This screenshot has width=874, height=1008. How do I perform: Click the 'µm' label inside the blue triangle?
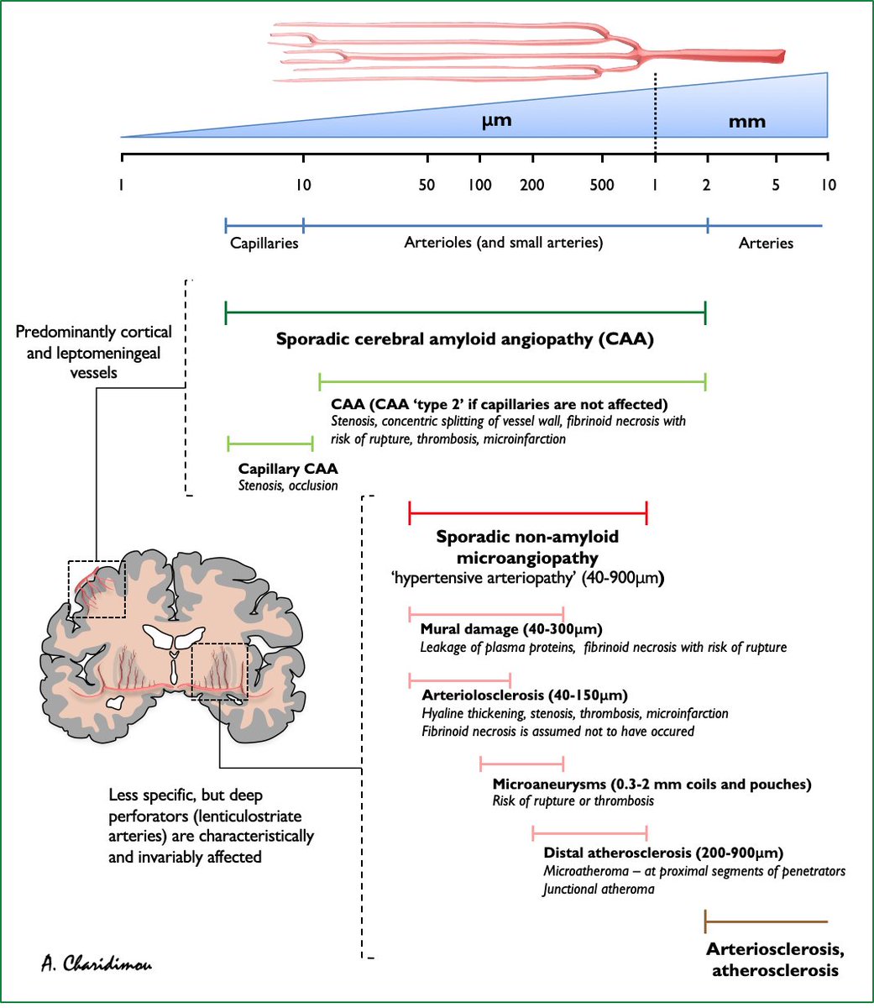pos(496,120)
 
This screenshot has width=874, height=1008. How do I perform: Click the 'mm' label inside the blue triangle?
pos(746,121)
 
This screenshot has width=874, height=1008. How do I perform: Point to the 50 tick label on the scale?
pos(427,185)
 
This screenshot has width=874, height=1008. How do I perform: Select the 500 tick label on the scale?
pos(601,185)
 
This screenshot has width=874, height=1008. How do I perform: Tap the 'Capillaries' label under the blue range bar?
pos(264,243)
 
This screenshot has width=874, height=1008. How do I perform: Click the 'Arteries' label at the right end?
pos(766,243)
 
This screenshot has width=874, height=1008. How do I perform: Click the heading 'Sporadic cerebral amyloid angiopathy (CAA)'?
pos(464,340)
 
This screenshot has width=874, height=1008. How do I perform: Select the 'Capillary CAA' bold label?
pos(288,469)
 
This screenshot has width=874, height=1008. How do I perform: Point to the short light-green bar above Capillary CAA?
pos(270,443)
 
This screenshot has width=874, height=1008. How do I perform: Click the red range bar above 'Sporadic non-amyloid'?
pos(527,512)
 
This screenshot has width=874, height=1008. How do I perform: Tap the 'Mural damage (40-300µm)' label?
pos(510,629)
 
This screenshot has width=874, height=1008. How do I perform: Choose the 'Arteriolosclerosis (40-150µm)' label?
pos(525,696)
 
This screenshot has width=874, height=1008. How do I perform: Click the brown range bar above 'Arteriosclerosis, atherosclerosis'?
pos(766,921)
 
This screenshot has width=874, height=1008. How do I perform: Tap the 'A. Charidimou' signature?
pos(97,963)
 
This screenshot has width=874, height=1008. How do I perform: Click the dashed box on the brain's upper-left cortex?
pos(97,590)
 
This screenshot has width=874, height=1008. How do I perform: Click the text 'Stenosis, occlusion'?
pos(288,486)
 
